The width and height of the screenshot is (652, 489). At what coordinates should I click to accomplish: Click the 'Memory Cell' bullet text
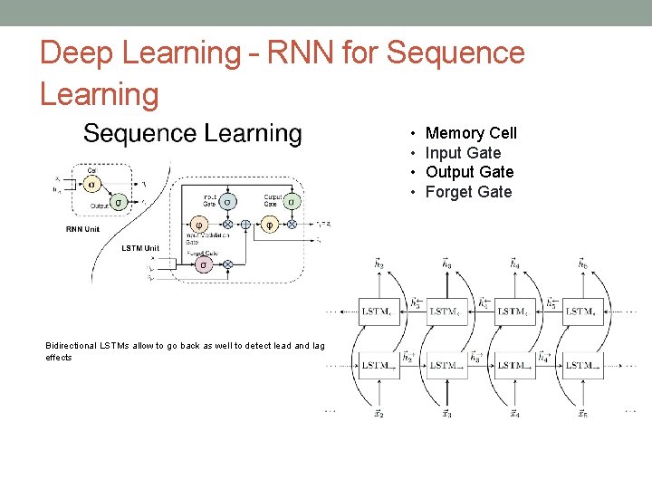click(x=471, y=134)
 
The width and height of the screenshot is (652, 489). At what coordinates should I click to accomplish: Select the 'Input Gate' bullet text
click(x=463, y=153)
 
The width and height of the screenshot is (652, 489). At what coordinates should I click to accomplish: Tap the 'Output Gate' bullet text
click(x=469, y=172)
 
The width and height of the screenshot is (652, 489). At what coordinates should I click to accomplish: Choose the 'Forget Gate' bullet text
click(x=468, y=192)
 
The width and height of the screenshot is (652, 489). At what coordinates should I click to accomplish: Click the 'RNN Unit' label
click(x=83, y=229)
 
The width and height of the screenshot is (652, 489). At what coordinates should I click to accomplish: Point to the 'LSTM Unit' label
click(x=140, y=248)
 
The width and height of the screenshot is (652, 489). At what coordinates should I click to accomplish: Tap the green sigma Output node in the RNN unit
click(x=117, y=202)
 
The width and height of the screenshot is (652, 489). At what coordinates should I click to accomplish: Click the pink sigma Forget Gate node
click(x=204, y=264)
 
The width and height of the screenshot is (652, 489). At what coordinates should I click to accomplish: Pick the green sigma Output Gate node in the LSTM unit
click(x=291, y=201)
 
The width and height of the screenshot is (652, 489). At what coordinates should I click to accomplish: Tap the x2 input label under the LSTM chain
click(x=379, y=414)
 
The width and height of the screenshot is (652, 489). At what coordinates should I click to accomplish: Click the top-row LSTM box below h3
click(x=446, y=312)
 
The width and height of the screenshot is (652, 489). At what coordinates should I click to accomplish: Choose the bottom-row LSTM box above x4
click(x=514, y=366)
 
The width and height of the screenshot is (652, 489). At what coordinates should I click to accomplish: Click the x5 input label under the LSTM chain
click(x=582, y=414)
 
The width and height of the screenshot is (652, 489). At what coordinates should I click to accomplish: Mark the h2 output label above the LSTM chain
click(x=379, y=264)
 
